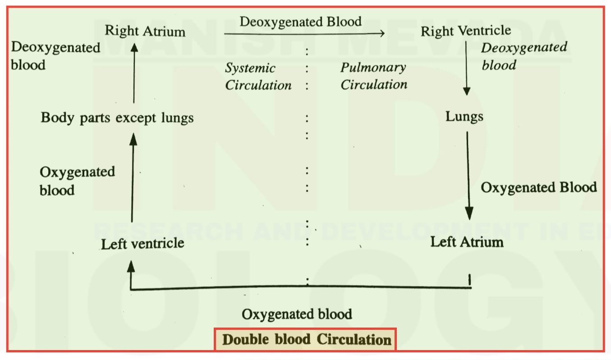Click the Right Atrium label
pos(145,31)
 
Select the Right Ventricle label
pos(466,31)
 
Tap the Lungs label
pos(464,117)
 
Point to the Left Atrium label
pos(467,242)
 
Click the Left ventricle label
pos(142,244)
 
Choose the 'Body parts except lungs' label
pos(117,118)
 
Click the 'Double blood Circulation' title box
pos(305,340)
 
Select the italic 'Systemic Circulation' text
pos(258,77)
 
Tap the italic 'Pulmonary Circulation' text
pos(374,76)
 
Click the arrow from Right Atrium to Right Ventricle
pos(304,33)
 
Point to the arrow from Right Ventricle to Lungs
pos(466,68)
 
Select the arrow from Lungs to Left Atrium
pos(468,176)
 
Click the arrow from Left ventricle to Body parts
pos(133,178)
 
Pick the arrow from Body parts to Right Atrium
pos(134,73)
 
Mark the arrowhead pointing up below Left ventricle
pos(131,266)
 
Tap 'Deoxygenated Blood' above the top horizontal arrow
pos(301,22)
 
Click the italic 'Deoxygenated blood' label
pos(524,56)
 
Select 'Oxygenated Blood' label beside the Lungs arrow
pos(539,187)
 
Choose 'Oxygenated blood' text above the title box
pos(297,314)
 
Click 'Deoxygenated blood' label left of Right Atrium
pos(55,56)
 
